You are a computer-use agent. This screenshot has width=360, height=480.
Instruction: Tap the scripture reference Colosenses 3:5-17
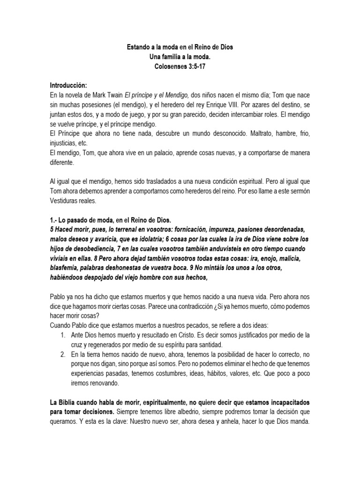[x=180, y=67]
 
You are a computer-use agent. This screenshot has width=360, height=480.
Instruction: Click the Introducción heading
[x=68, y=85]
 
